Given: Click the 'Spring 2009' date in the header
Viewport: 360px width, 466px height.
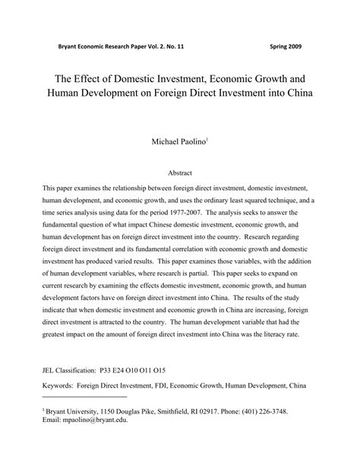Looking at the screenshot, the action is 286,46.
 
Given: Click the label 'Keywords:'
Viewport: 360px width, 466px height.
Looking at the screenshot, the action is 58,386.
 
